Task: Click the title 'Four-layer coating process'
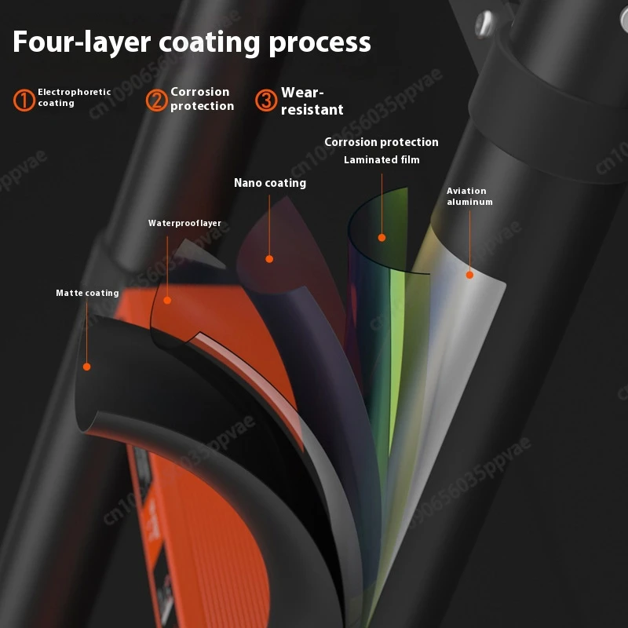(192, 42)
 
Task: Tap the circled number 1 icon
(24, 100)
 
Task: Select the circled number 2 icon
(156, 100)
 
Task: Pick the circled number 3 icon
(266, 100)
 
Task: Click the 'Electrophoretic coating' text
(75, 97)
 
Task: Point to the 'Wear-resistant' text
(312, 101)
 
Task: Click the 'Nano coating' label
(270, 183)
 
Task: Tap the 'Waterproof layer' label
(184, 223)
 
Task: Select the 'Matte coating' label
(87, 293)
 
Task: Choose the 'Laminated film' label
(382, 159)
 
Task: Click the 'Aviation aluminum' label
(469, 196)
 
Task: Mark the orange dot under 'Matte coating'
(87, 367)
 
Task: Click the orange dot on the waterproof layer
(167, 299)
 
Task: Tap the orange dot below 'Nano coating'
(269, 258)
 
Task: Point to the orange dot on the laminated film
(382, 237)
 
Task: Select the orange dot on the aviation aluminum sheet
(469, 275)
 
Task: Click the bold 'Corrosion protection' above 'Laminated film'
(382, 142)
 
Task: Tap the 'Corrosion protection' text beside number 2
(202, 99)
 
